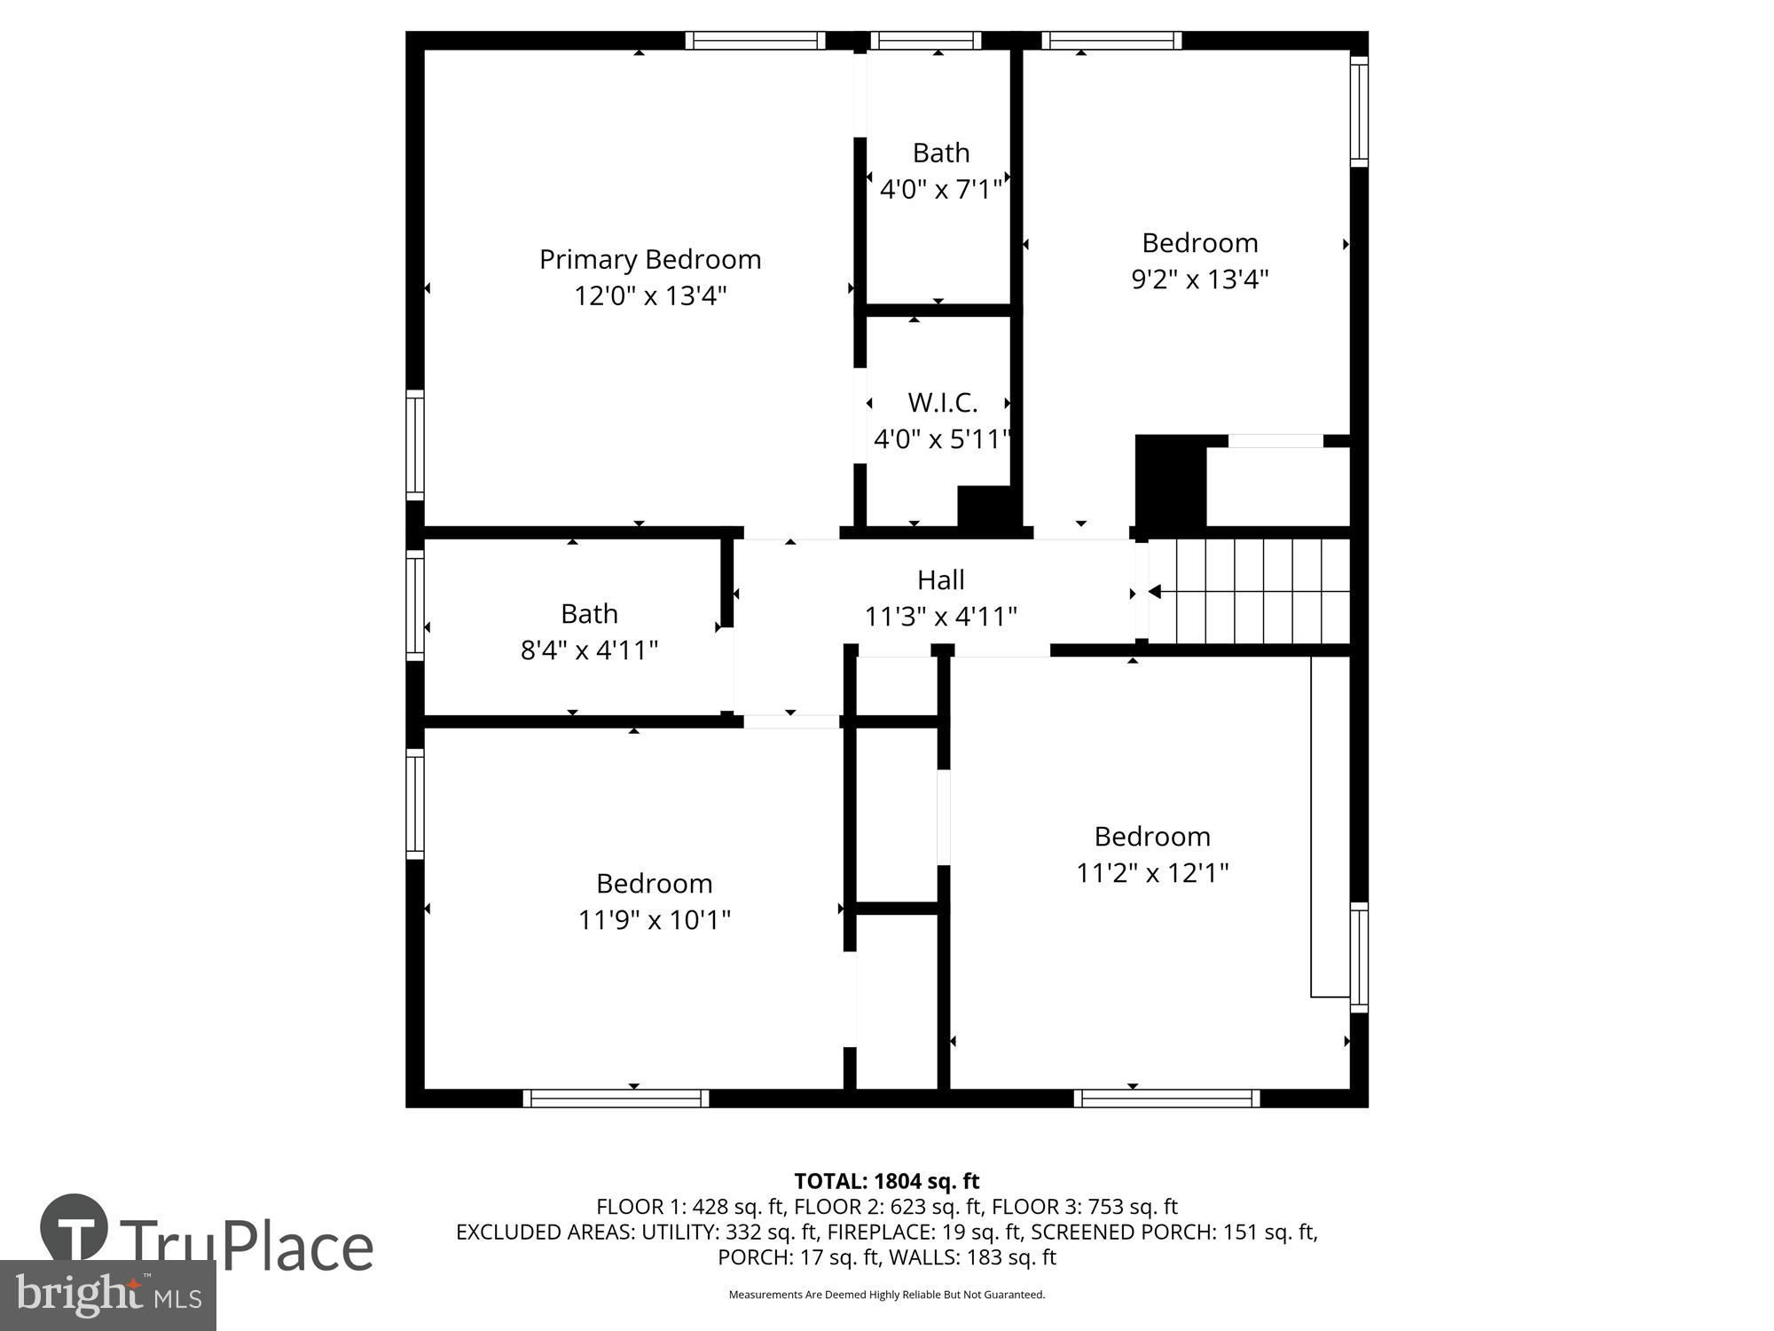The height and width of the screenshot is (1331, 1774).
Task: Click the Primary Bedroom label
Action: coord(650,259)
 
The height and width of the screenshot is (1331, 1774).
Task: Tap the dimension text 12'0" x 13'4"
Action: coord(650,295)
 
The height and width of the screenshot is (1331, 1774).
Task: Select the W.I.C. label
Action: coord(942,403)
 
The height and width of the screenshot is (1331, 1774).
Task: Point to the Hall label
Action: coord(940,579)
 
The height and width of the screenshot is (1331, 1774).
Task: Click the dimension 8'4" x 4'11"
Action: coord(589,650)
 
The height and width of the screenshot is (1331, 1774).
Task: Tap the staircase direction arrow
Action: coord(1155,591)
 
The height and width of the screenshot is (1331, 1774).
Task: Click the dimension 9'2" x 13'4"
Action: coord(1199,280)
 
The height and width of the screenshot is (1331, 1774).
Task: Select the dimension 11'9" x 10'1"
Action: coord(654,920)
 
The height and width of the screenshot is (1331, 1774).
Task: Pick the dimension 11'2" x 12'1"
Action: coord(1152,873)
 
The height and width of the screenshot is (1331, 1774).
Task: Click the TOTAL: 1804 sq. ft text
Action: coord(886,1181)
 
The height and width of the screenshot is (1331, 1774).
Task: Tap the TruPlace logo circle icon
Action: coord(74,1227)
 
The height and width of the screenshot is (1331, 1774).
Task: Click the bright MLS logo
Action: coord(107,1295)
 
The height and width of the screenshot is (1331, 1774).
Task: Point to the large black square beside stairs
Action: coord(1170,482)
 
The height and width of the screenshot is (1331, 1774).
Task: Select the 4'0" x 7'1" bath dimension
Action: coord(940,189)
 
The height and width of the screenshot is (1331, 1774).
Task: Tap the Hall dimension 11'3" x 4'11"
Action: coord(940,616)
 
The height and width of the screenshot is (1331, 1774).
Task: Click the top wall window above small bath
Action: coord(925,40)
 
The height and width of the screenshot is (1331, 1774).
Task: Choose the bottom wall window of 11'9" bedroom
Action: coord(616,1099)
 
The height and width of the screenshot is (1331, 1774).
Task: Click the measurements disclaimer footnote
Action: coord(886,1295)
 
